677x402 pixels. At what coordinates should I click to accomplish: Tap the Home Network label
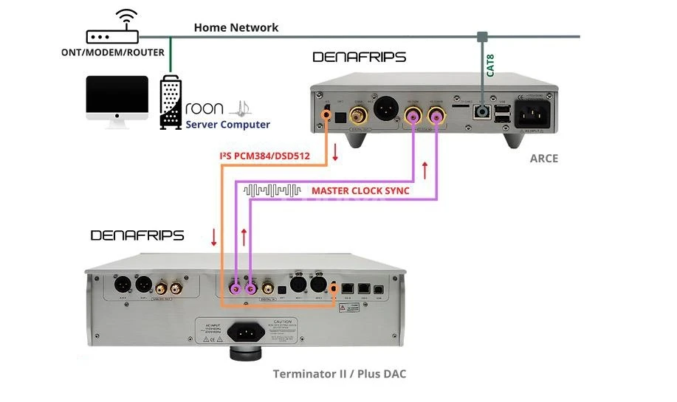pyautogui.click(x=236, y=27)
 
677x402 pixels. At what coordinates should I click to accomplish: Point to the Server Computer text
pyautogui.click(x=227, y=125)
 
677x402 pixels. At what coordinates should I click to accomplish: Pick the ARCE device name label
pyautogui.click(x=544, y=159)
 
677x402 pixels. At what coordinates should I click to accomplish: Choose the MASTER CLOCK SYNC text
pyautogui.click(x=360, y=190)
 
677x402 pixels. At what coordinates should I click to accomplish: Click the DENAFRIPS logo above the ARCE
pyautogui.click(x=359, y=57)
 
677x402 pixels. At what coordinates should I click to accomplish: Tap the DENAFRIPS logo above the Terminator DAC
pyautogui.click(x=137, y=235)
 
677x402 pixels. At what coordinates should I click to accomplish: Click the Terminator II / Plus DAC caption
pyautogui.click(x=339, y=374)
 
